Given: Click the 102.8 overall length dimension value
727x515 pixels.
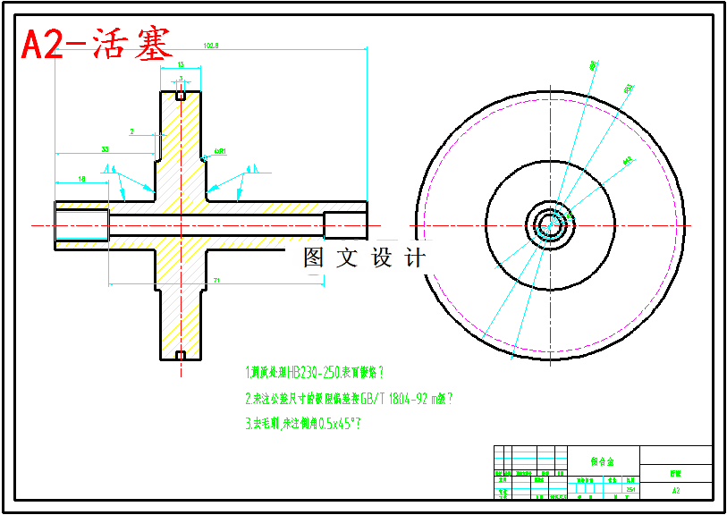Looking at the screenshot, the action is coord(211,45).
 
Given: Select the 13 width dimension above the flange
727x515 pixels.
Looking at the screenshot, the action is coord(181,65).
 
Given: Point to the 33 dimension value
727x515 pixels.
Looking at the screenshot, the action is coord(106,148).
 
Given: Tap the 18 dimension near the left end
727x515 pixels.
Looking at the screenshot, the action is coord(82,180).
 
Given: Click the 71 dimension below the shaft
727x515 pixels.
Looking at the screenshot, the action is coord(216,281).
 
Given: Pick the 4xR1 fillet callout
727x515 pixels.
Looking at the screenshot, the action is coord(219,152).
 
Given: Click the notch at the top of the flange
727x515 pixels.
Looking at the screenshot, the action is coord(181,96).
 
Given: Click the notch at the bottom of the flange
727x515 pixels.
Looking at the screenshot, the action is coord(181,356).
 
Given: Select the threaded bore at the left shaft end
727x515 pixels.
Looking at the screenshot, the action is coord(81,224).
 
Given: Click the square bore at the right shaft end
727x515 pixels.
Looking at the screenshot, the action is coord(344,224).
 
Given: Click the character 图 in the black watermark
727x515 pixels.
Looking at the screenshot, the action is coord(314,258).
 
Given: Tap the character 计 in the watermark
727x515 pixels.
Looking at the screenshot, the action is coord(415,258).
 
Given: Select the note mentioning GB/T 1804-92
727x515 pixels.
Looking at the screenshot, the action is coord(349,399).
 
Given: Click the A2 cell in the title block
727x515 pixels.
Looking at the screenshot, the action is coord(676,490).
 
